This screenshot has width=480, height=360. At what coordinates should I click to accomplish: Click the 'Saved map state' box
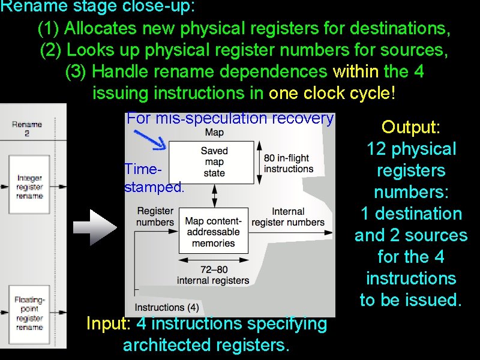214,162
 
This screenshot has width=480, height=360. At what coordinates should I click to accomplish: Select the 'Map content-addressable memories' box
214,232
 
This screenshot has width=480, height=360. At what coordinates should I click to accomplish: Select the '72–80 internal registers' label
214,275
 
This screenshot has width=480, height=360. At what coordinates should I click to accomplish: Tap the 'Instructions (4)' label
167,308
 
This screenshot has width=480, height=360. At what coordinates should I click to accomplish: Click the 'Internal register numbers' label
288,217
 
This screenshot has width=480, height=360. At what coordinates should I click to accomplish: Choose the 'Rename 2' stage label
26,128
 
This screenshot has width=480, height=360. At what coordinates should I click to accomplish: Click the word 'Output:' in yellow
411,127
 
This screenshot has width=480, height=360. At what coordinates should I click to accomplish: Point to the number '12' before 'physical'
376,149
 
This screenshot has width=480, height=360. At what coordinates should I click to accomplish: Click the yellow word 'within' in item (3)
356,72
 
